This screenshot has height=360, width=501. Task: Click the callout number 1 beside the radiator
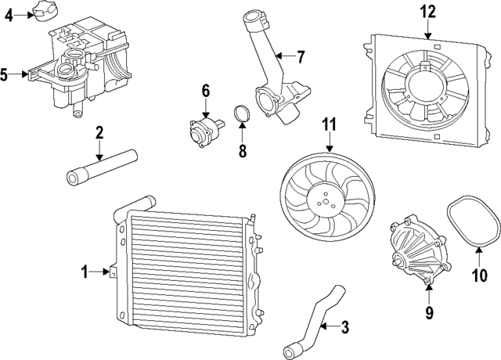pyautogui.click(x=85, y=272)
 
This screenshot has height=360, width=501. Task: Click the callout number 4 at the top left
pyautogui.click(x=9, y=14)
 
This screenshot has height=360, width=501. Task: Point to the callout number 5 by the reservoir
pyautogui.click(x=5, y=75)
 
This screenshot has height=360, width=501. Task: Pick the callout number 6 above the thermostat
pyautogui.click(x=206, y=92)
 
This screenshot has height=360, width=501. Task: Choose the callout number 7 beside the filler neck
pyautogui.click(x=299, y=56)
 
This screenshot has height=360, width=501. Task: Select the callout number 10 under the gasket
pyautogui.click(x=479, y=275)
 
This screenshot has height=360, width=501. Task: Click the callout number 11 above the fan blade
pyautogui.click(x=329, y=124)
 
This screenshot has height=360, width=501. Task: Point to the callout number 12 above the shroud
pyautogui.click(x=427, y=11)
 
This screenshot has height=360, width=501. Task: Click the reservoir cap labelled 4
pyautogui.click(x=41, y=12)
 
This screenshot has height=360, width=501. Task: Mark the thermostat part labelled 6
pyautogui.click(x=203, y=128)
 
